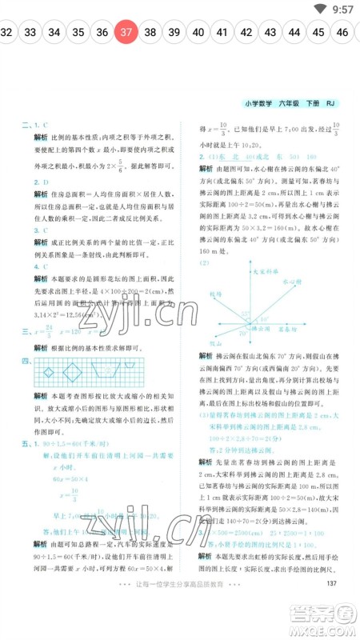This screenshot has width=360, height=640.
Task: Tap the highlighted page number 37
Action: (x=126, y=33)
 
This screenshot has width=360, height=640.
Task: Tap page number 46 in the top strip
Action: (x=342, y=33)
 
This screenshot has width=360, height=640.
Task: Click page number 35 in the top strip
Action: (x=78, y=33)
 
